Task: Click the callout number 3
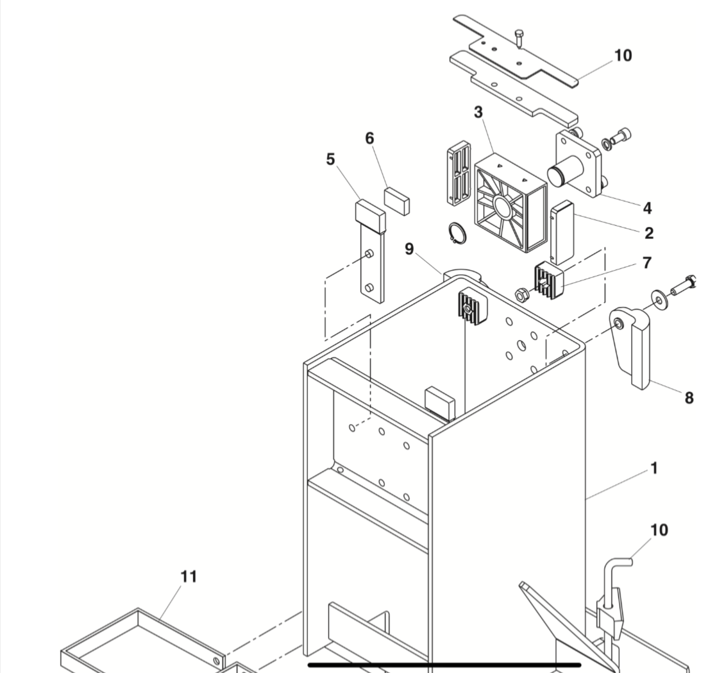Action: click(x=478, y=112)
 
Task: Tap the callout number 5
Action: click(x=330, y=159)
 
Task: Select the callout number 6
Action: click(x=369, y=139)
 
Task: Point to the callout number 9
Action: click(x=409, y=249)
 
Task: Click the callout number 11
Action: click(x=188, y=577)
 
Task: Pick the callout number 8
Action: click(x=689, y=398)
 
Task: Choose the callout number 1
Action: click(x=653, y=469)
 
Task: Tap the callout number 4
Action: click(x=647, y=208)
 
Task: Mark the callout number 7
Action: click(x=646, y=262)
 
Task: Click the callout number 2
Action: click(x=649, y=234)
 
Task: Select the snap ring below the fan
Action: click(x=455, y=233)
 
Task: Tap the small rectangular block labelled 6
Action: click(x=398, y=199)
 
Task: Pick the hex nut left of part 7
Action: click(x=521, y=294)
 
